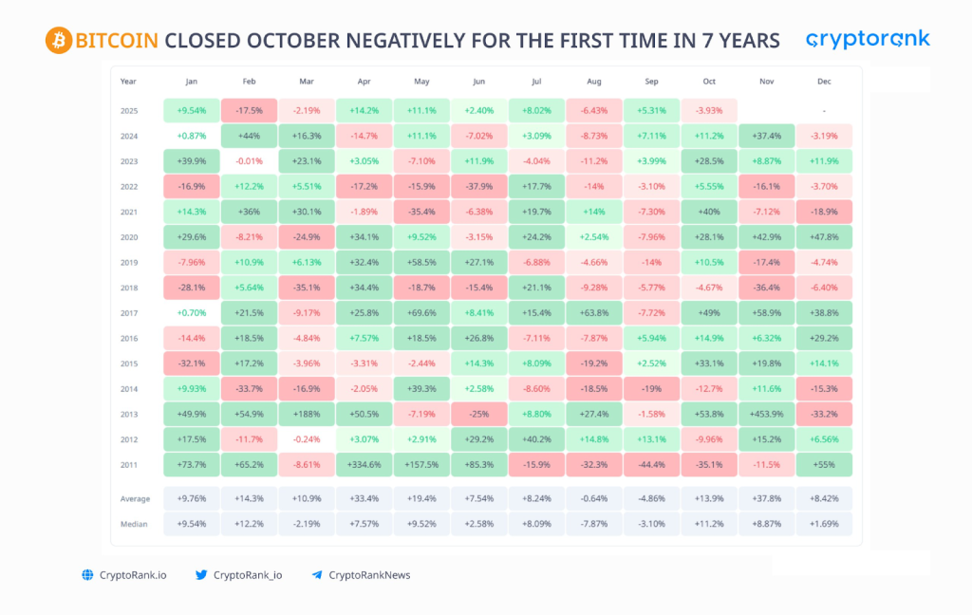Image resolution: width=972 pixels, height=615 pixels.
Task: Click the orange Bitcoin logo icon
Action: [58, 40]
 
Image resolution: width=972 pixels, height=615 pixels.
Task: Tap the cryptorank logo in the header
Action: [868, 39]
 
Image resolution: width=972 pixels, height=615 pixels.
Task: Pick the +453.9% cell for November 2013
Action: [766, 414]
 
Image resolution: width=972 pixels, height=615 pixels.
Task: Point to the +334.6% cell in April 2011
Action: [364, 465]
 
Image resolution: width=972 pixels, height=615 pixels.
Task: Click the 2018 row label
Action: [129, 288]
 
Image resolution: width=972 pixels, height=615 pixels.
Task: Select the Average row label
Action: [135, 498]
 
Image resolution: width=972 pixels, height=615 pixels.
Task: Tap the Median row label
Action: [135, 524]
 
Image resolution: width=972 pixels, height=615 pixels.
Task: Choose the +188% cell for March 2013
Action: [306, 414]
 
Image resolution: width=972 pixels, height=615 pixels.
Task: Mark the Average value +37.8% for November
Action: [766, 498]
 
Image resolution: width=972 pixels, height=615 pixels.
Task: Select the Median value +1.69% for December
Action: [824, 524]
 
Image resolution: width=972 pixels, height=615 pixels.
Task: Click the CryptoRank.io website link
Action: [132, 575]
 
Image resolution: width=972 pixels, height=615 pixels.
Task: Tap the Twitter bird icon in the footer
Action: [201, 575]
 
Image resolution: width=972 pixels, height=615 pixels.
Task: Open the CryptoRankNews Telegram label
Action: [369, 575]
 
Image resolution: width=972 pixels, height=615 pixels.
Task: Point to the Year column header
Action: [129, 82]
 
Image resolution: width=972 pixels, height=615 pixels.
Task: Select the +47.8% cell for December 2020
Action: [824, 236]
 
